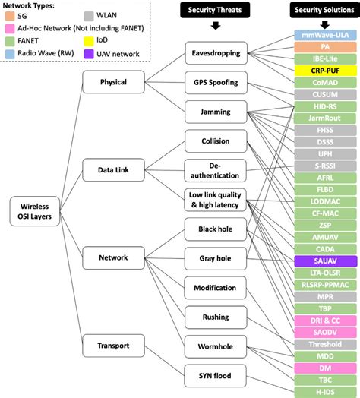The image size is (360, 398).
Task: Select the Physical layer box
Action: [x=112, y=81]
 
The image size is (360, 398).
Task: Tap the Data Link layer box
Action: [x=112, y=172]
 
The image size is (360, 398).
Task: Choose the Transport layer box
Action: [x=112, y=346]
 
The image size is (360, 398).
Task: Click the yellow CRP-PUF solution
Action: [x=326, y=70]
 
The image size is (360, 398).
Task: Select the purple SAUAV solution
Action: [x=326, y=260]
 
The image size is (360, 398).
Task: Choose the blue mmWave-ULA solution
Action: [x=326, y=35]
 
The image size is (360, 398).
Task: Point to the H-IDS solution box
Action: [x=326, y=390]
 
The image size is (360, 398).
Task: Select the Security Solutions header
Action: [x=326, y=10]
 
